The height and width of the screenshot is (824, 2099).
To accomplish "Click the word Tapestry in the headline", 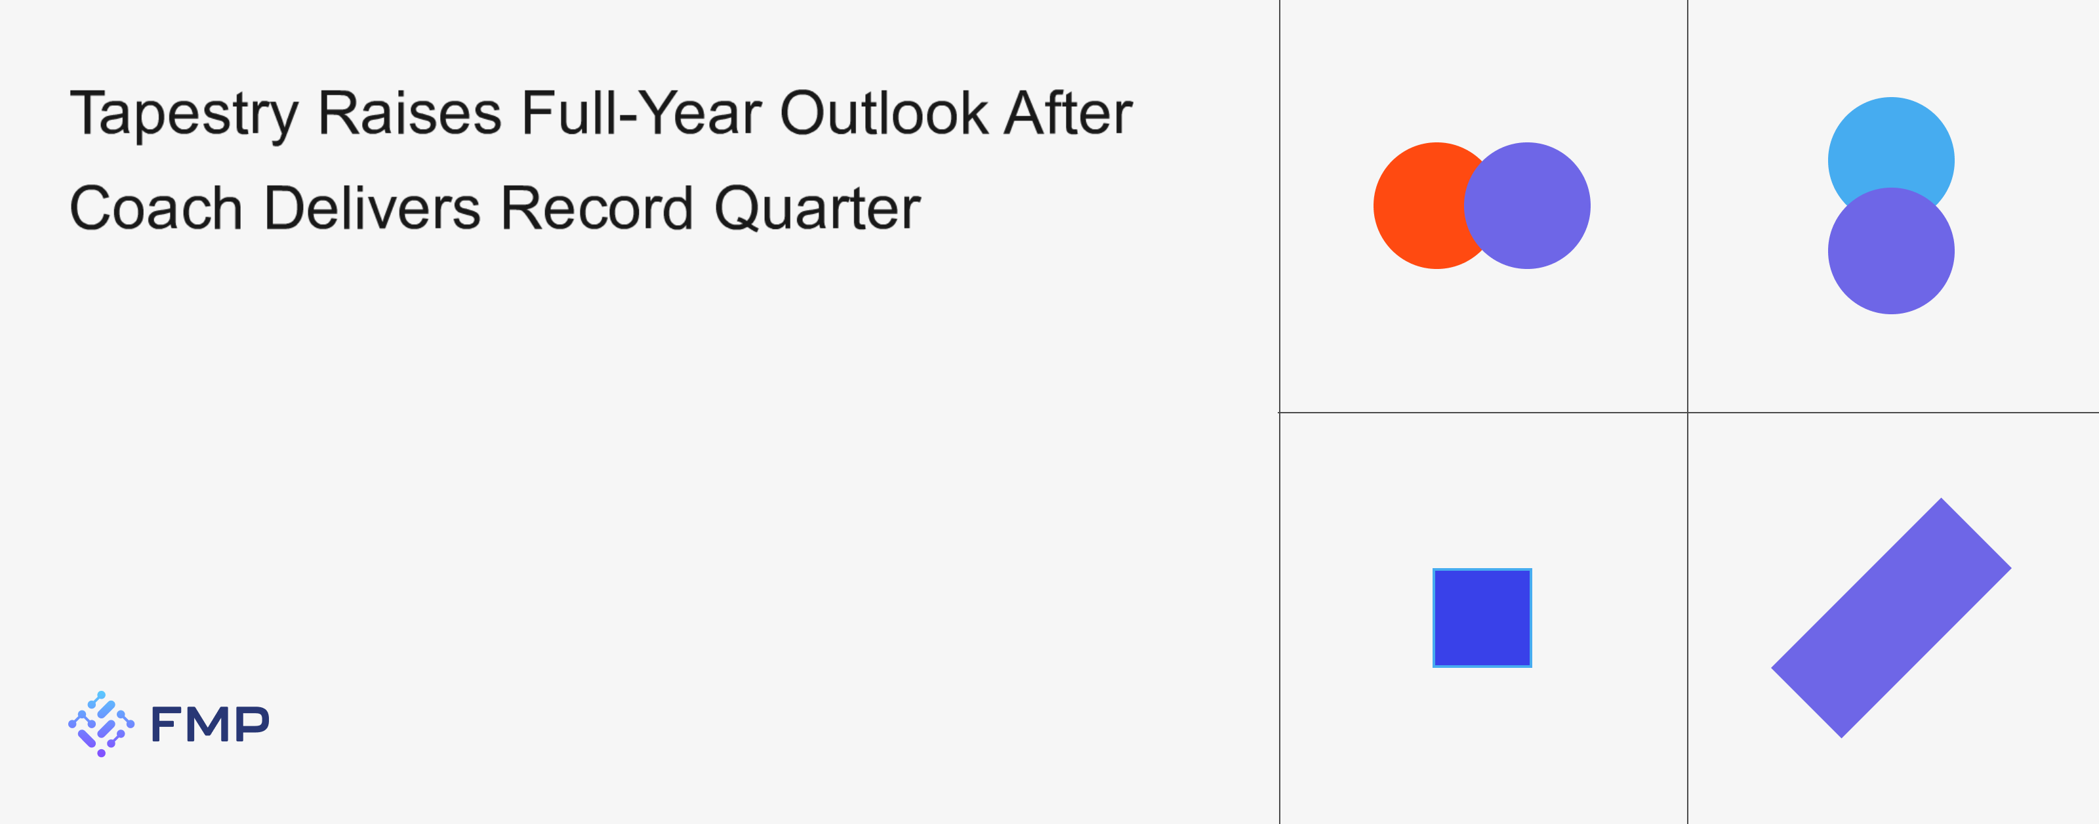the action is click(x=184, y=115).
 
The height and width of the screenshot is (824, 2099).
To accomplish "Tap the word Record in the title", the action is click(x=596, y=208).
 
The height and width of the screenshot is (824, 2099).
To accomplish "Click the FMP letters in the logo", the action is click(x=210, y=724).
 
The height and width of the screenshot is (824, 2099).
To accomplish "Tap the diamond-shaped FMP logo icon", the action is click(x=101, y=724).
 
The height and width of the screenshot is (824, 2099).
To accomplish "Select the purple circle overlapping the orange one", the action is click(x=1527, y=205).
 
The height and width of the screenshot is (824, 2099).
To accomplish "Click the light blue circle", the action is click(x=1891, y=147).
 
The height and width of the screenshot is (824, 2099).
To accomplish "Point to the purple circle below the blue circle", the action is click(x=1891, y=251).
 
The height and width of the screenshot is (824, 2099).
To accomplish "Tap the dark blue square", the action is click(x=1482, y=618).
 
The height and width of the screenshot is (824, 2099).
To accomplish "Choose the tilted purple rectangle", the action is click(x=1891, y=618).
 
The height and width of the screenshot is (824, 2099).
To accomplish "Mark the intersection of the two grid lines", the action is click(x=1688, y=413).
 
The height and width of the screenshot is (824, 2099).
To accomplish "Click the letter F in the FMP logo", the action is click(x=165, y=724).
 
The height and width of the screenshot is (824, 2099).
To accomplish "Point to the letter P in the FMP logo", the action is click(x=253, y=724).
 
